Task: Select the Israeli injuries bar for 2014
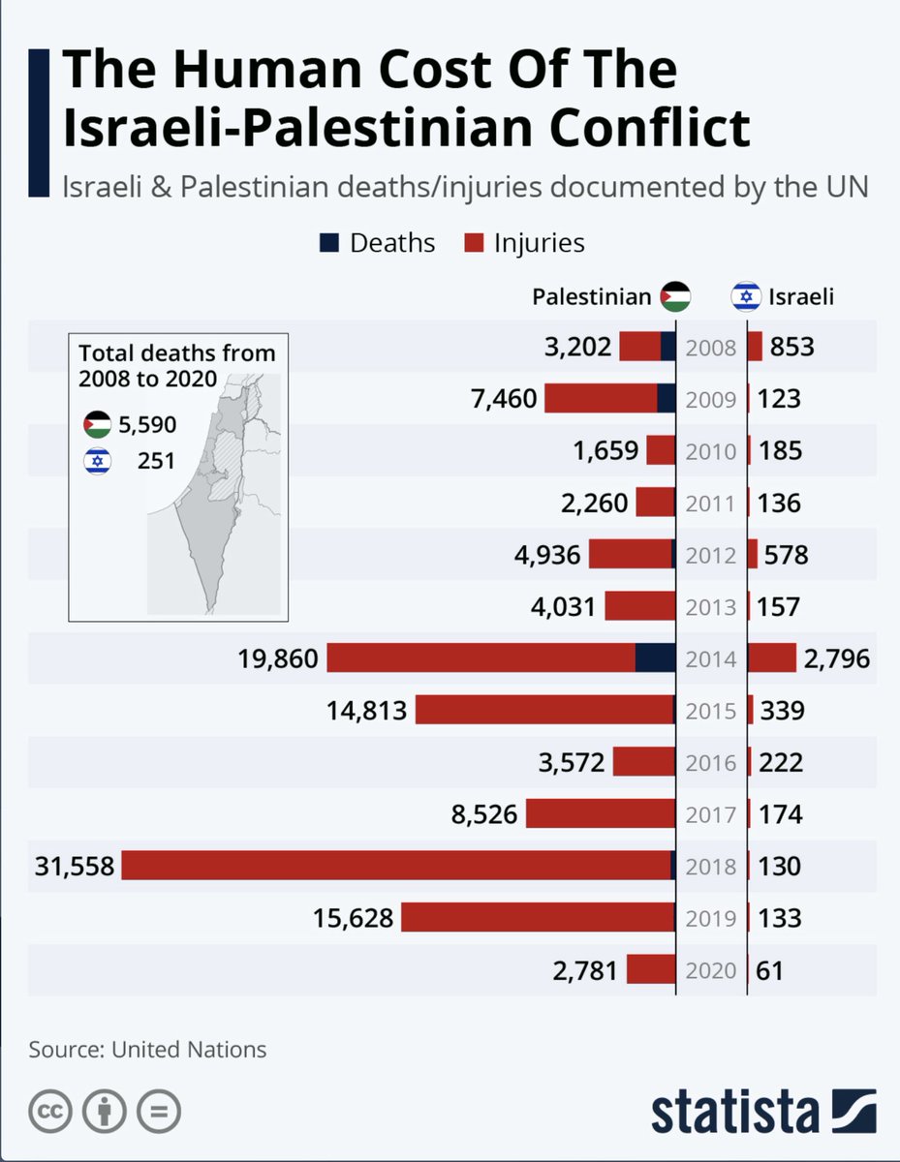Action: pos(772,658)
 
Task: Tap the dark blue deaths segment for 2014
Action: pos(656,658)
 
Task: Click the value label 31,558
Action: pos(62,866)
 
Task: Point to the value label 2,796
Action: pos(837,659)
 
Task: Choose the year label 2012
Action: pos(711,556)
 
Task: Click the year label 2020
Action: pos(711,970)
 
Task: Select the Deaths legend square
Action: pos(328,242)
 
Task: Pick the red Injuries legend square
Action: pos(473,242)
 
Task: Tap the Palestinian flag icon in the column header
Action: pos(675,297)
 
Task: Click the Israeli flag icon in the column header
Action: pos(746,297)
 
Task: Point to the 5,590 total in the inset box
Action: pos(147,424)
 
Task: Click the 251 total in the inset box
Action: pos(156,461)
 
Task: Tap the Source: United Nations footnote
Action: pos(147,1049)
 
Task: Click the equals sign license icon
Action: pos(157,1113)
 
